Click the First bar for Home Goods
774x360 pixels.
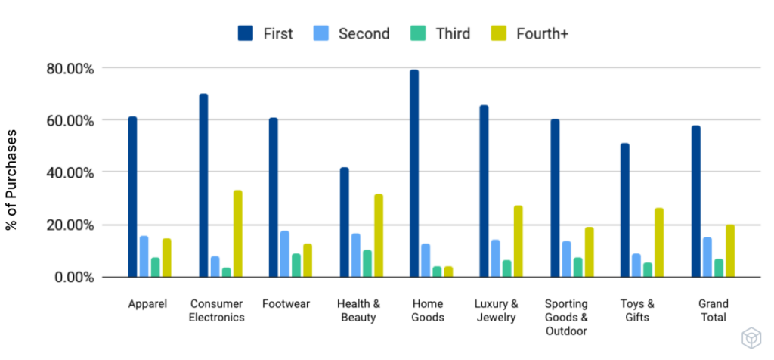pos(414,173)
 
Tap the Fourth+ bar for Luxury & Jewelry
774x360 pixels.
pos(518,241)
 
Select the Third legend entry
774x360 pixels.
pos(452,33)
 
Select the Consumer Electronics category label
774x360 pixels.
pos(218,311)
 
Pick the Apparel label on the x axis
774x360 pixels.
pos(147,304)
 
